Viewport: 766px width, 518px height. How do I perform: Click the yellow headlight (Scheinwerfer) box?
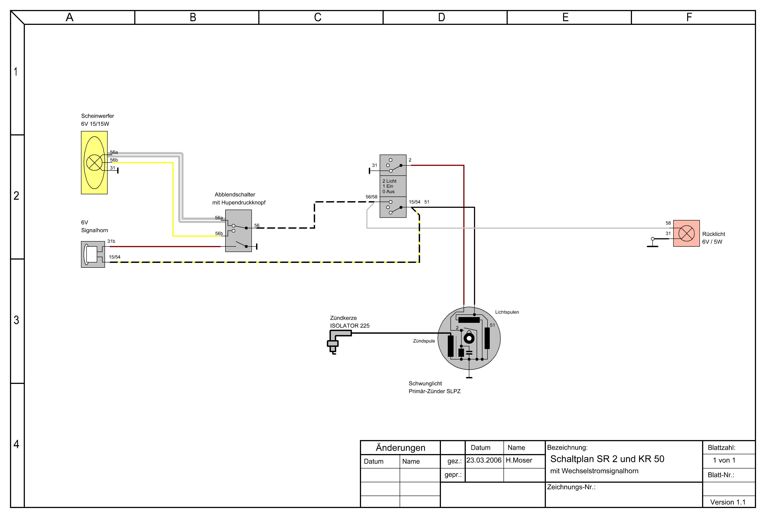pyautogui.click(x=94, y=163)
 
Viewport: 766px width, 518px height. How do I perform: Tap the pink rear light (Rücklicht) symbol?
pyautogui.click(x=686, y=233)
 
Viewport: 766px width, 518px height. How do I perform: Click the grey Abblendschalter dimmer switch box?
pyautogui.click(x=238, y=231)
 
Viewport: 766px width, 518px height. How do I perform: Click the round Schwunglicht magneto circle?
pyautogui.click(x=469, y=338)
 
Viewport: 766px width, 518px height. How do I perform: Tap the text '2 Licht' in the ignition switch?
pyautogui.click(x=389, y=181)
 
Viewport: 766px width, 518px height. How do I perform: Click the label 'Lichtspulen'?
pyautogui.click(x=507, y=312)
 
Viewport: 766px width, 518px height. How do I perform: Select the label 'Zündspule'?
pyautogui.click(x=424, y=341)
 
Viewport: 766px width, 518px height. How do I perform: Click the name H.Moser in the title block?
pyautogui.click(x=519, y=460)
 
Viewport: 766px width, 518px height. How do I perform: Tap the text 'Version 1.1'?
pyautogui.click(x=728, y=502)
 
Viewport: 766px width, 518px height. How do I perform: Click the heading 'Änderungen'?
pyautogui.click(x=401, y=447)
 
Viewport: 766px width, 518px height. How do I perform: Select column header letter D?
pyautogui.click(x=442, y=17)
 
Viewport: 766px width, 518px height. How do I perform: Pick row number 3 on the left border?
pyautogui.click(x=16, y=320)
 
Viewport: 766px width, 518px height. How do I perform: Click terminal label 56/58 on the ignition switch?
pyautogui.click(x=371, y=197)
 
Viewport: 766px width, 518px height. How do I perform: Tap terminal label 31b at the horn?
pyautogui.click(x=111, y=241)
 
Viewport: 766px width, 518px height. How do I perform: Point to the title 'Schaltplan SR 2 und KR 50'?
pyautogui.click(x=607, y=459)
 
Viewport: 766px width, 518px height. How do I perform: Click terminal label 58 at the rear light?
pyautogui.click(x=668, y=223)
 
